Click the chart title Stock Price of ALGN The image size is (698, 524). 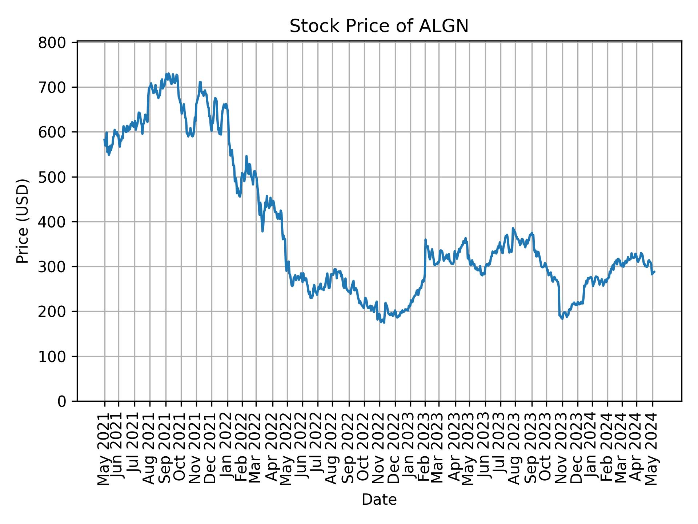(379, 26)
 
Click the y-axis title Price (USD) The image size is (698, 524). (23, 221)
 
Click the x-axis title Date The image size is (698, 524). (379, 500)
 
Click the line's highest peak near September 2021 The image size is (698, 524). (168, 74)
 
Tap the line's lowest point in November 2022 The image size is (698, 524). (384, 322)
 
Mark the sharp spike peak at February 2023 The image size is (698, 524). (425, 240)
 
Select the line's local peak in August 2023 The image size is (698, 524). (513, 228)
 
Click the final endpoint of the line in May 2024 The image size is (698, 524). (654, 271)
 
